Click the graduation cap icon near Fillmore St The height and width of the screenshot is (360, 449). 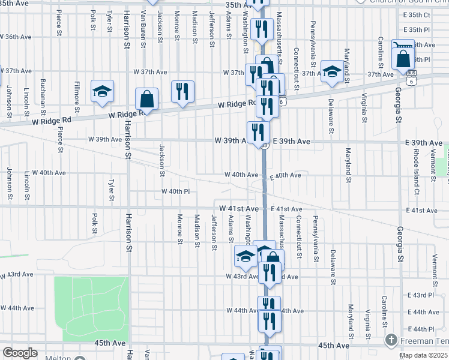click(x=103, y=91)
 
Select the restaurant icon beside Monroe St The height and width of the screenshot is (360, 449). click(x=183, y=92)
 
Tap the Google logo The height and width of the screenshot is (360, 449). click(x=20, y=353)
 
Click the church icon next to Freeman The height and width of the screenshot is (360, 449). click(x=391, y=341)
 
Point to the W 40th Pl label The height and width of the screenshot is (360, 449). click(x=175, y=191)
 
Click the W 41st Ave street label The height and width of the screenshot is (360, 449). click(x=239, y=208)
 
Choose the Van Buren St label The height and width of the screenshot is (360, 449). click(x=143, y=29)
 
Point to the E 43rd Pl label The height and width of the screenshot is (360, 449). click(x=420, y=295)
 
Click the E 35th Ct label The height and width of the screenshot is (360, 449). click(x=417, y=14)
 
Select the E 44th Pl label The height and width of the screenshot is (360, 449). click(x=420, y=329)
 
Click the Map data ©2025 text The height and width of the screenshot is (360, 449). click(x=423, y=355)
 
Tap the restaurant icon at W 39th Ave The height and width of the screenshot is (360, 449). click(x=258, y=131)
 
